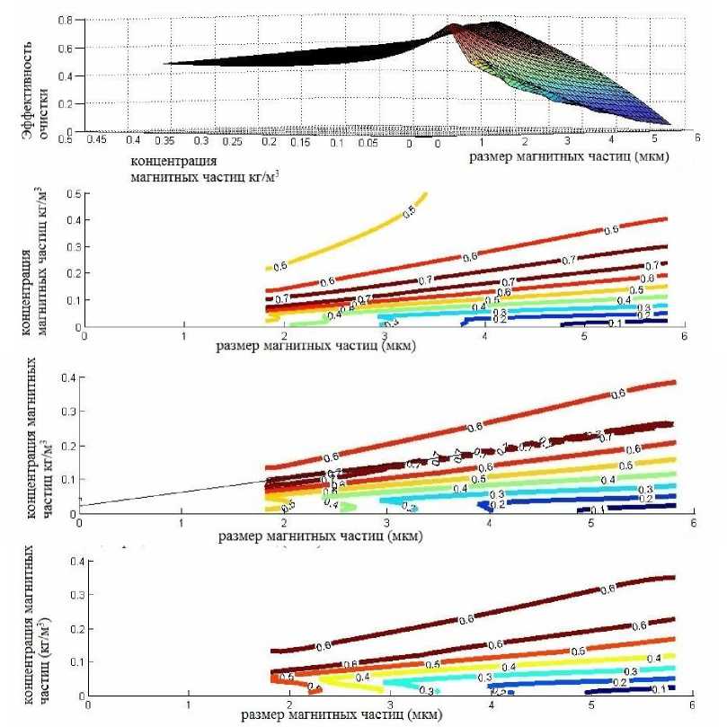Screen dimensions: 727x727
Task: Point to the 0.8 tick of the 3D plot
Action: pyautogui.click(x=65, y=19)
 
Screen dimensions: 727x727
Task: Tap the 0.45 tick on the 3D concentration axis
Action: pyautogui.click(x=95, y=140)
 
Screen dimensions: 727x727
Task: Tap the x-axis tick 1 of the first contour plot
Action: pyautogui.click(x=183, y=336)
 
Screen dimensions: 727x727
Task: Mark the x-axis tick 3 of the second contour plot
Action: pyautogui.click(x=386, y=522)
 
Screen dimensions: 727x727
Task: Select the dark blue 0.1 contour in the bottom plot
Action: pyautogui.click(x=647, y=690)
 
